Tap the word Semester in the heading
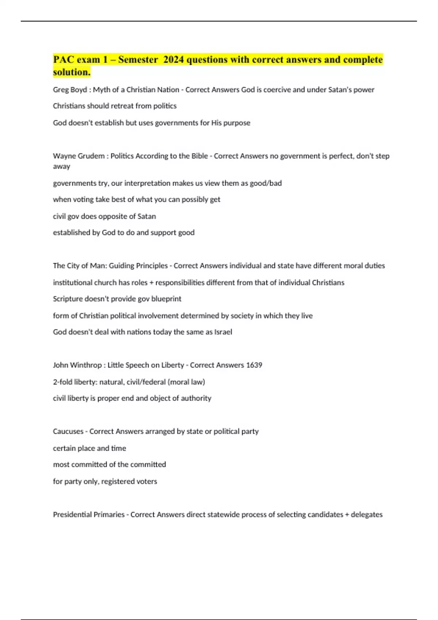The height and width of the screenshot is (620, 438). [x=138, y=59]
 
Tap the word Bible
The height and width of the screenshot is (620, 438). [x=199, y=156]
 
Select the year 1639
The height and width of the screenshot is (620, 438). [x=254, y=365]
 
